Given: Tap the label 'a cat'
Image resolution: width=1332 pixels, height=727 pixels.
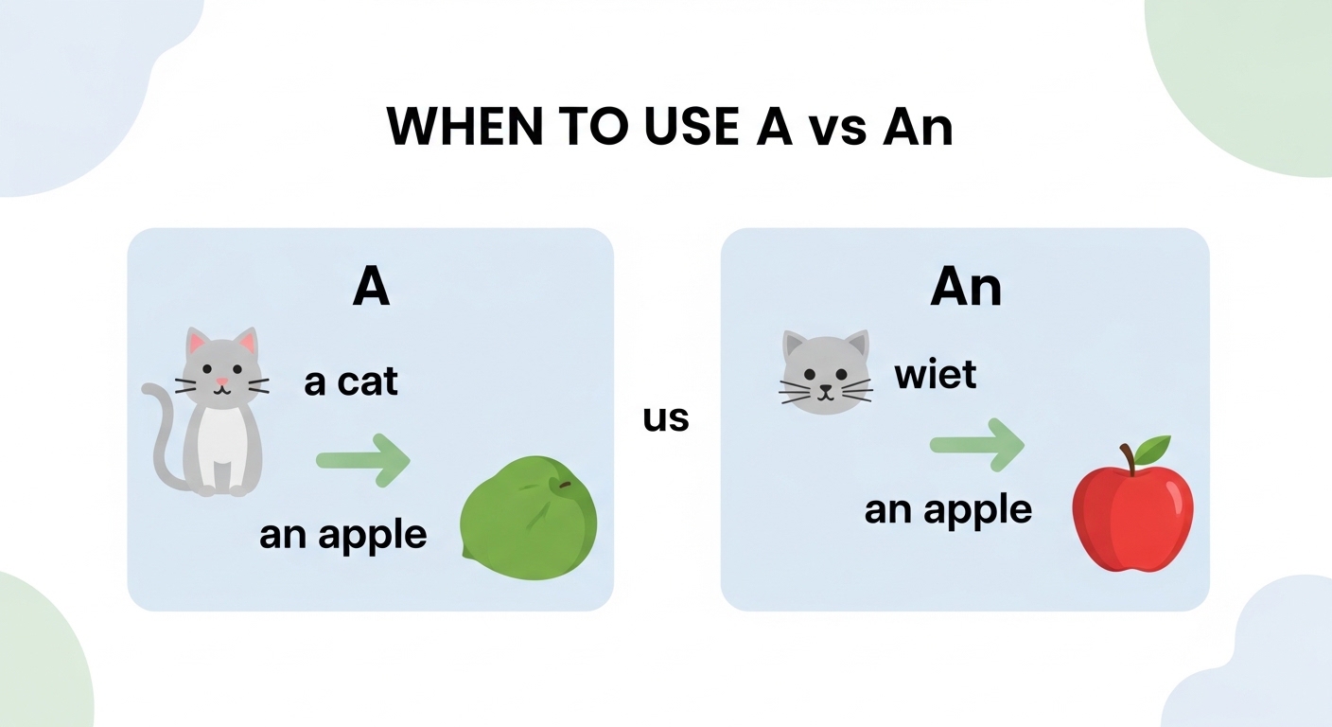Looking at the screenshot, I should pyautogui.click(x=351, y=382).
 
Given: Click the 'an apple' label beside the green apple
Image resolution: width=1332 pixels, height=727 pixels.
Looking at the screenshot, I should pyautogui.click(x=342, y=535).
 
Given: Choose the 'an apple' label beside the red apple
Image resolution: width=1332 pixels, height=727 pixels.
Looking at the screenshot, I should pyautogui.click(x=948, y=510).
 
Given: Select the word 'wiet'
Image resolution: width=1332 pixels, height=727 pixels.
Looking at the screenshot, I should pyautogui.click(x=935, y=375).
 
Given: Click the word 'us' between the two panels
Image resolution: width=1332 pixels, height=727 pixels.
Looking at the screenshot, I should pyautogui.click(x=666, y=417).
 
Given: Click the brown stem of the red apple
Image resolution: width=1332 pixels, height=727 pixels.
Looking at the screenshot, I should pyautogui.click(x=1127, y=458).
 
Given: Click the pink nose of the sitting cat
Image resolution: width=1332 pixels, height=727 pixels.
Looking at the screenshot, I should pyautogui.click(x=221, y=382).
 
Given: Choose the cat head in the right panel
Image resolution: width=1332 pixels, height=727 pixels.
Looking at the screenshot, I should pyautogui.click(x=824, y=371).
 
